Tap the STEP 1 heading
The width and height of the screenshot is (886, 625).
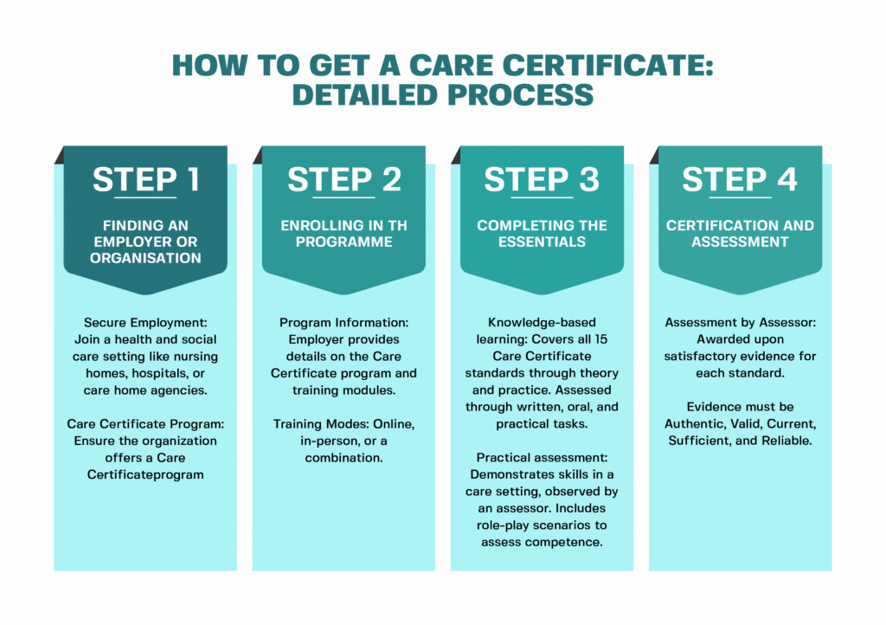coord(145,179)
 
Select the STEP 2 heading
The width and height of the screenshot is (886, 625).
coord(343,179)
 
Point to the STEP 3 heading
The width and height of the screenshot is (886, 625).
coord(542,179)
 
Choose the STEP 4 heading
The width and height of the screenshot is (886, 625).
coord(740,179)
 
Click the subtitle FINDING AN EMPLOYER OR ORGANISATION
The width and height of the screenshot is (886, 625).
coord(145,242)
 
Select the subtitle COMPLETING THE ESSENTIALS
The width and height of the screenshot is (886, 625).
coord(542,234)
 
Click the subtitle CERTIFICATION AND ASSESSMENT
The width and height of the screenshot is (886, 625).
coord(740,234)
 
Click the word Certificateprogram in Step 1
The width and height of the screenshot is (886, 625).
coord(145,474)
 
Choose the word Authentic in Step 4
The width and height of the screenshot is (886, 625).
coord(697,423)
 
